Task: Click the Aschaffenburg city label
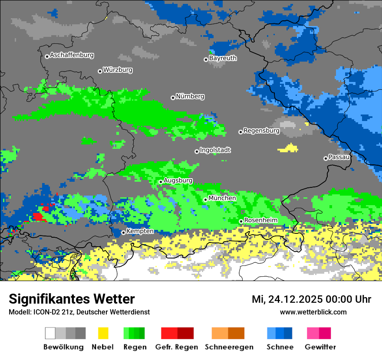[72, 55]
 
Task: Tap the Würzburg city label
[118, 70]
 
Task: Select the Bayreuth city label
[223, 58]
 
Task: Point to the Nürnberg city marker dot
[173, 98]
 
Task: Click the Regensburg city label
[261, 131]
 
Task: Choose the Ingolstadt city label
[215, 150]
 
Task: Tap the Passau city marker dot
[326, 158]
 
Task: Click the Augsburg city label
[178, 180]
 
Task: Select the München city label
[222, 198]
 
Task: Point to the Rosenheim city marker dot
[241, 221]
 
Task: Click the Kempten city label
[140, 231]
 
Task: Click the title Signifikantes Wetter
[72, 299]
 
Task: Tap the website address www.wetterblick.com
[313, 312]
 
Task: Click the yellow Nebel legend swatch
[103, 333]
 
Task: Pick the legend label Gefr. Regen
[177, 347]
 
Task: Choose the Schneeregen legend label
[229, 347]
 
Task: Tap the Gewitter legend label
[320, 347]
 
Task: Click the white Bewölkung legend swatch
[50, 333]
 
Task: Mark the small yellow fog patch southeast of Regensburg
[288, 148]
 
